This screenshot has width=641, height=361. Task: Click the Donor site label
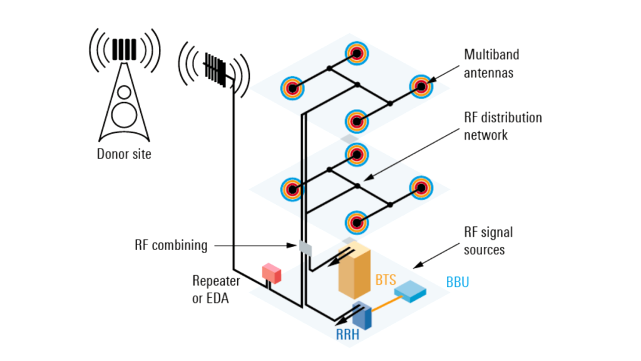[x=124, y=154]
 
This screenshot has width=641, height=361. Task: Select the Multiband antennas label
[x=491, y=63]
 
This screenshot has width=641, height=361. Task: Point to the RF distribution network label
[x=503, y=126]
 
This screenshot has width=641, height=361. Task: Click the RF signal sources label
[x=488, y=241]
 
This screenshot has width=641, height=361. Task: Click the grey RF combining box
[x=305, y=248]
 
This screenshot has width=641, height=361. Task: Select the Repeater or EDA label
[x=215, y=290]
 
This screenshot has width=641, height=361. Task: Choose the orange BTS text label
[x=386, y=280]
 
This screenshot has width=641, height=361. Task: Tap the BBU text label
[x=457, y=283]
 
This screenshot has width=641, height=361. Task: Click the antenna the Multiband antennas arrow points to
[x=421, y=86]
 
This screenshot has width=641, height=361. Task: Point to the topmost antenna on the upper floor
[x=356, y=54]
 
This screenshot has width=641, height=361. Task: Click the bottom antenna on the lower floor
[x=356, y=221]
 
